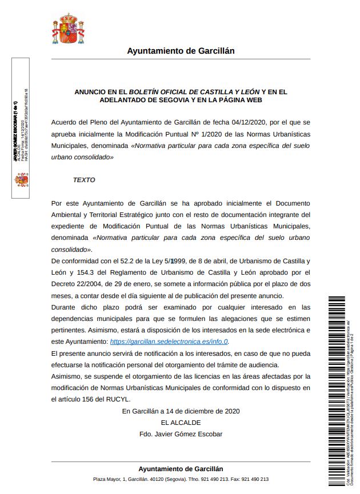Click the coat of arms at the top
(69, 30)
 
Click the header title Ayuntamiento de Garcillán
(181, 51)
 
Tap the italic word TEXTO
(84, 180)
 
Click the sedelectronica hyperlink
(169, 342)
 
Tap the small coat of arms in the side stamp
(22, 180)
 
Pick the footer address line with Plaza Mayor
(181, 480)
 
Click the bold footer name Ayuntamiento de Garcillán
(181, 468)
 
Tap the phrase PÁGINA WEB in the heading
(238, 99)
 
